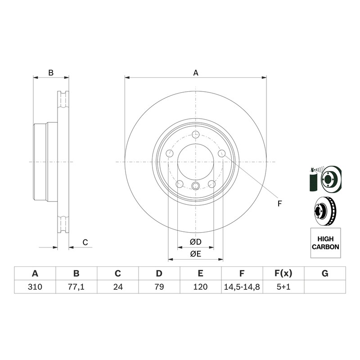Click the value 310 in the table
tap(35, 287)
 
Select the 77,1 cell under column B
tap(76, 287)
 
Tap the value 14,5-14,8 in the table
tap(242, 287)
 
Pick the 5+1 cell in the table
tap(283, 287)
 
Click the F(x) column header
tap(283, 274)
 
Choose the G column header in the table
tap(325, 274)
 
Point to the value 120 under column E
tap(200, 287)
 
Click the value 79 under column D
tap(159, 287)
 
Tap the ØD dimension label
tap(196, 242)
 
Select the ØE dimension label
tap(196, 254)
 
